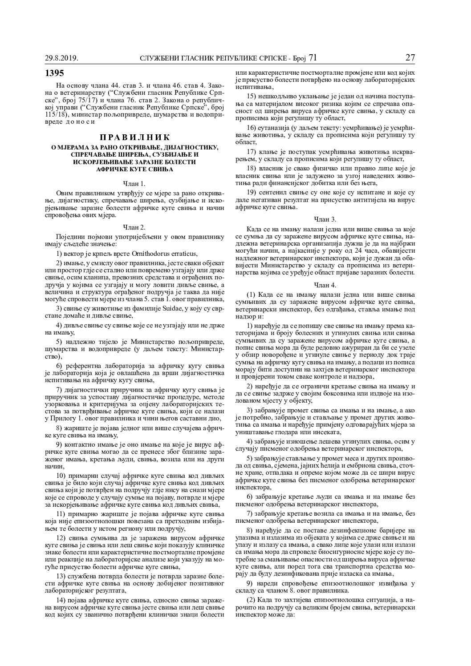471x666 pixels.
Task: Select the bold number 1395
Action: (x=55, y=73)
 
